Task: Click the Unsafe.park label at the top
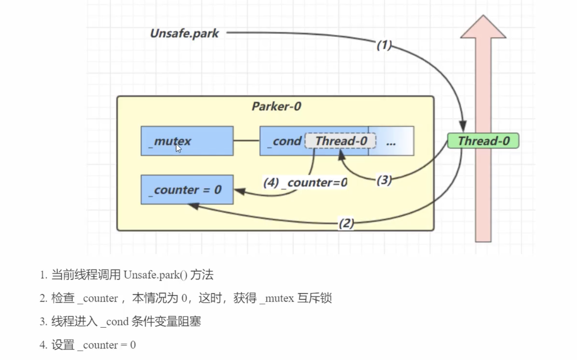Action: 184,33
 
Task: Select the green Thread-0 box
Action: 483,141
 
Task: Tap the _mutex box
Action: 187,141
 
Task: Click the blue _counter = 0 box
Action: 187,190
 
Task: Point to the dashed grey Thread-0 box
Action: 340,141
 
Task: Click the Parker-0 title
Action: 276,106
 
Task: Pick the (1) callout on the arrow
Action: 384,45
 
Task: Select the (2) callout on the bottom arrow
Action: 346,223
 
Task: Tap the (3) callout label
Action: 384,180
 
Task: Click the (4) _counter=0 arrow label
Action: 305,182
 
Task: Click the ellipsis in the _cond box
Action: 391,143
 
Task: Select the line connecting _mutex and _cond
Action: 246,141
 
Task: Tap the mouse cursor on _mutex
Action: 178,148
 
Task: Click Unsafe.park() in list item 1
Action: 155,275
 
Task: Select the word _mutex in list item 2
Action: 277,298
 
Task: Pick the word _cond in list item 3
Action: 115,322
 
